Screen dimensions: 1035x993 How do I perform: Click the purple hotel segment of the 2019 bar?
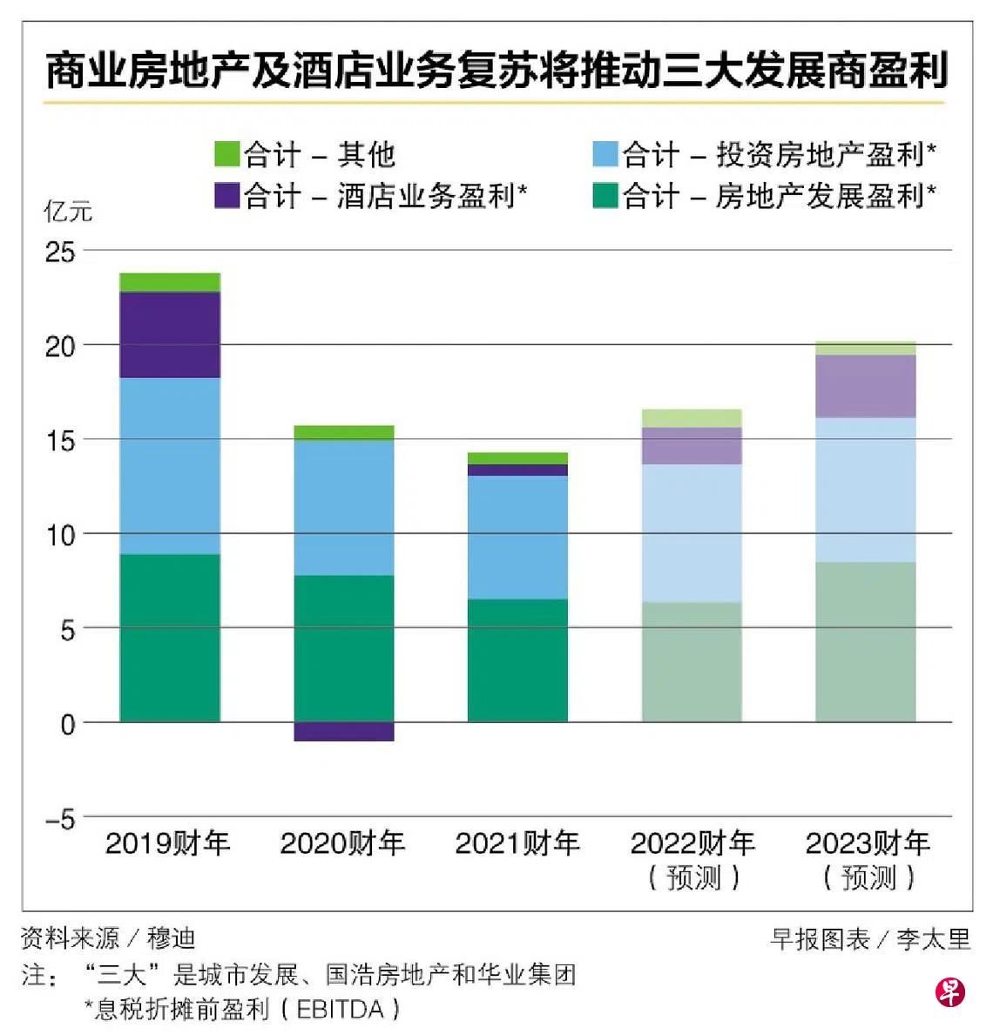[x=170, y=335]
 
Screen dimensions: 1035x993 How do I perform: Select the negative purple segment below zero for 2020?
[x=344, y=732]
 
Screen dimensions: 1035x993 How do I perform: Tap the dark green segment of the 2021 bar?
[x=517, y=660]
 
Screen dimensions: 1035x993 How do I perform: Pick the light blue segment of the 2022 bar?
[x=692, y=533]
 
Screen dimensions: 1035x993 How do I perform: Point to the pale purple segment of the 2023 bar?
[x=866, y=387]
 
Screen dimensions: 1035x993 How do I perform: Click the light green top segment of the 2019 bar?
[x=170, y=282]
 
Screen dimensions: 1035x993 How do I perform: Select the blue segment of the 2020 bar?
[x=344, y=508]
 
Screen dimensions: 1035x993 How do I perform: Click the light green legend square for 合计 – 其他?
[x=227, y=154]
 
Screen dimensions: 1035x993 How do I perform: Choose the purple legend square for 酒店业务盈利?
[x=227, y=195]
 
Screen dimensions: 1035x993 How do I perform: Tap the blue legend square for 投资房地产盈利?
[x=605, y=154]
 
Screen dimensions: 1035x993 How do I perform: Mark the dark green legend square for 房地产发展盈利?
[x=605, y=195]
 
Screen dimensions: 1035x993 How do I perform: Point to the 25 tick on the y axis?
[x=60, y=252]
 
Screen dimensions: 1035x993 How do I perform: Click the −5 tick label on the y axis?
[x=60, y=819]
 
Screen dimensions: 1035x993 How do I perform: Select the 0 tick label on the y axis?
[x=67, y=724]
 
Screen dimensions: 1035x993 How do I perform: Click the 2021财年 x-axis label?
[x=517, y=843]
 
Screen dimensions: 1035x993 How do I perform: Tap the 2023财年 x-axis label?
[x=868, y=843]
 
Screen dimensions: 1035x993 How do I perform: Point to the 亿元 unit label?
[x=67, y=212]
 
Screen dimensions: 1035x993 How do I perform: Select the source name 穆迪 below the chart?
[x=171, y=938]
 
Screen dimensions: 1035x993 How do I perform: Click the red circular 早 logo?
[x=950, y=991]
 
